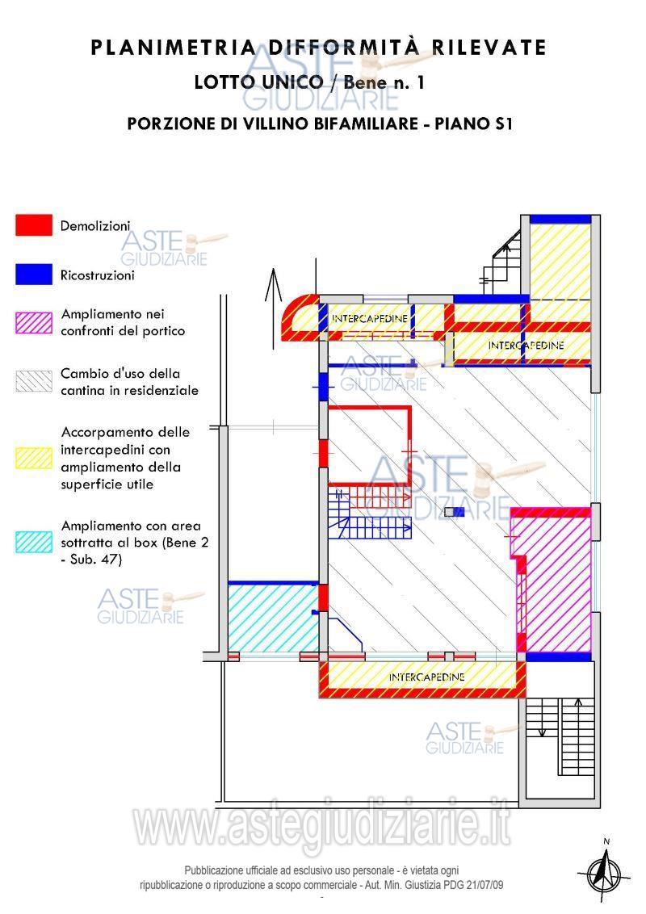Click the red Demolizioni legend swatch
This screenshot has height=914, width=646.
[34, 225]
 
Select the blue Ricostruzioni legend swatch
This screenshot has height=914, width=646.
[34, 275]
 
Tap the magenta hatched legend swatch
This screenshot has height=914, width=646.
[34, 323]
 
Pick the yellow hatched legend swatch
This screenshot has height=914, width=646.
[34, 458]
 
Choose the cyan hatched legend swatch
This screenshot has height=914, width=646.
[34, 542]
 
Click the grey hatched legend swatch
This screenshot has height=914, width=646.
[34, 381]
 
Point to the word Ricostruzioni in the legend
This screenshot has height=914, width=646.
[98, 275]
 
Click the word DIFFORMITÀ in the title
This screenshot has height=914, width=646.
[343, 47]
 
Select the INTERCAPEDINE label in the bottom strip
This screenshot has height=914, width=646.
[426, 677]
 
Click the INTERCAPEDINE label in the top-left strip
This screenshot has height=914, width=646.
[370, 318]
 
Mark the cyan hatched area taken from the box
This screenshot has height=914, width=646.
[273, 618]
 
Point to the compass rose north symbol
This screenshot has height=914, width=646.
[605, 872]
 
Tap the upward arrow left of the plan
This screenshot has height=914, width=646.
[273, 309]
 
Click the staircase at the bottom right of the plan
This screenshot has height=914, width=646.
[560, 737]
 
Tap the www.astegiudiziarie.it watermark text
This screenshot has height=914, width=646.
[322, 825]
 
